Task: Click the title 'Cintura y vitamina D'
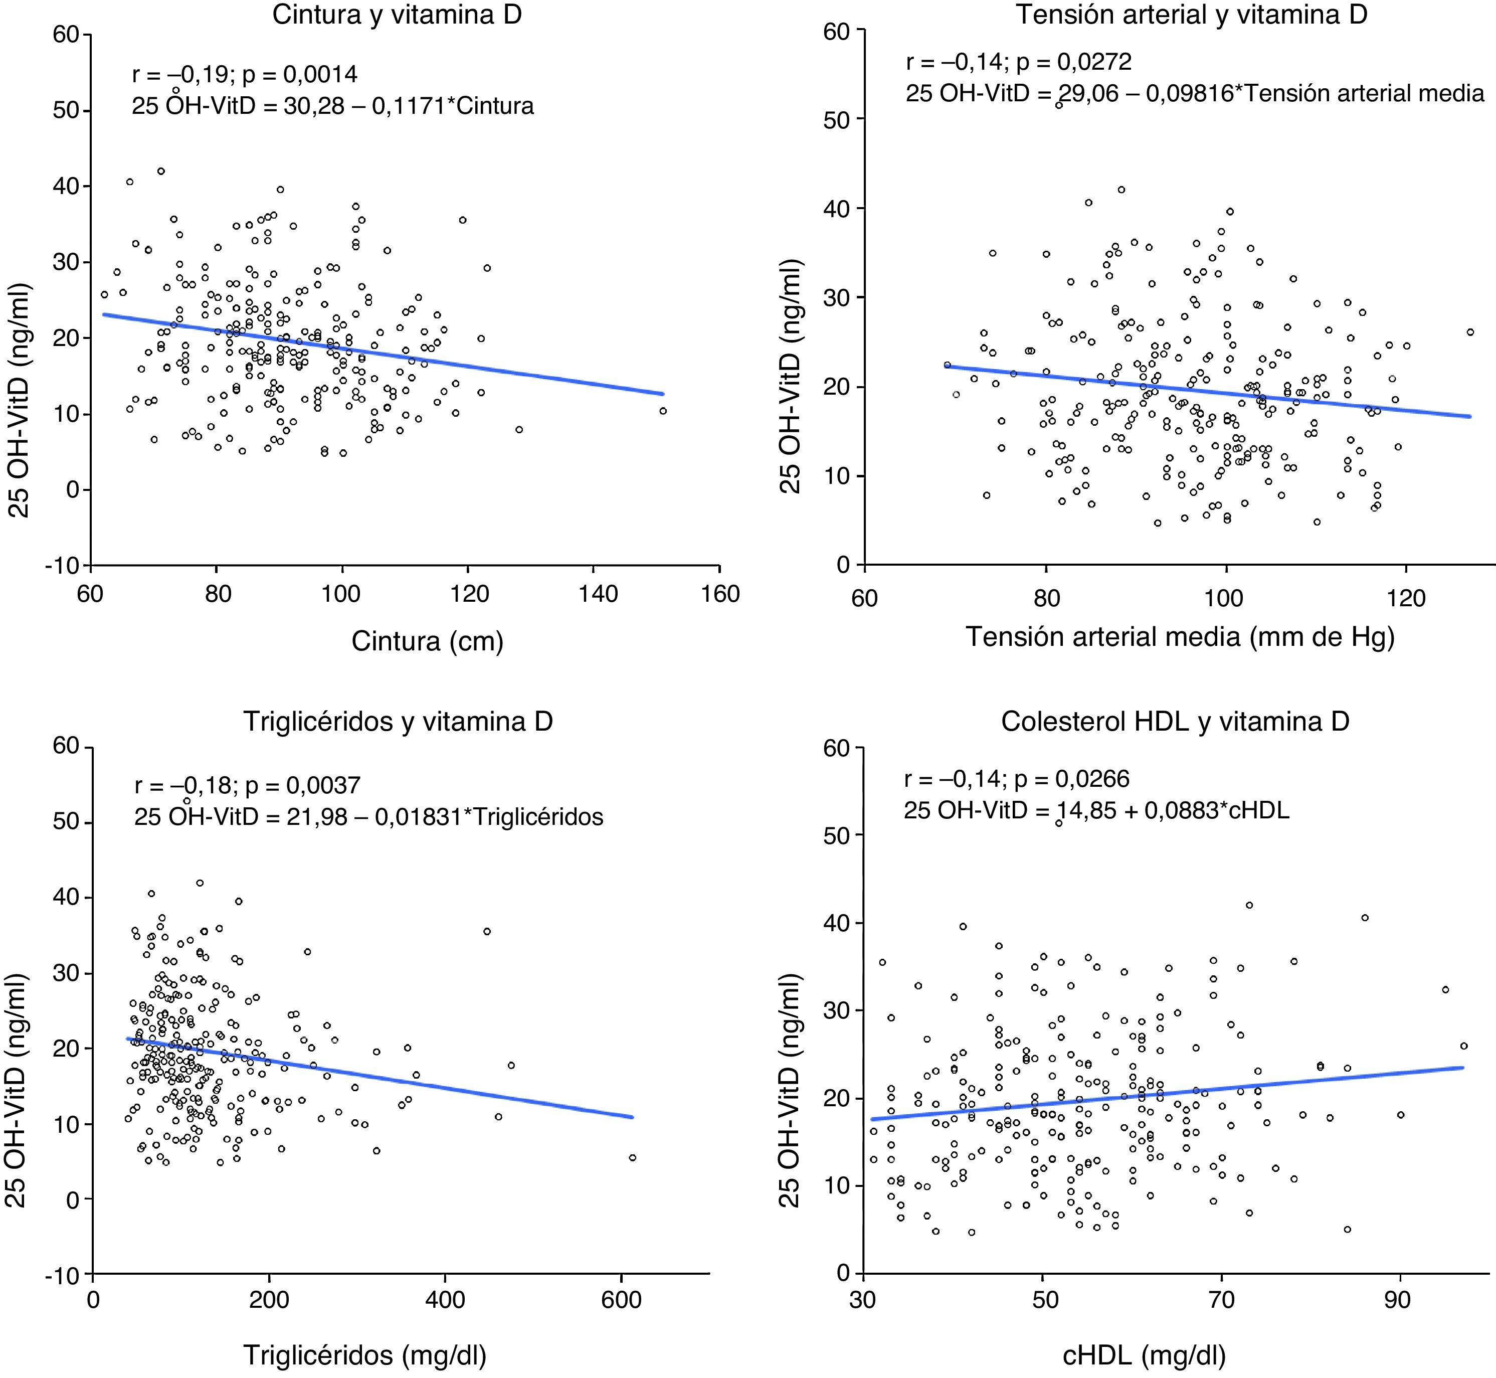(397, 16)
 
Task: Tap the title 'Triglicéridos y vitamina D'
(397, 721)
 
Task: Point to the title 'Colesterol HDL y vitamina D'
(1176, 721)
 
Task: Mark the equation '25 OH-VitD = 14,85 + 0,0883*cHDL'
(1096, 810)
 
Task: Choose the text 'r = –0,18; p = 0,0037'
(248, 785)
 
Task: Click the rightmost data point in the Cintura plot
(663, 411)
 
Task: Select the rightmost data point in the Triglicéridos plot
(633, 1158)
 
